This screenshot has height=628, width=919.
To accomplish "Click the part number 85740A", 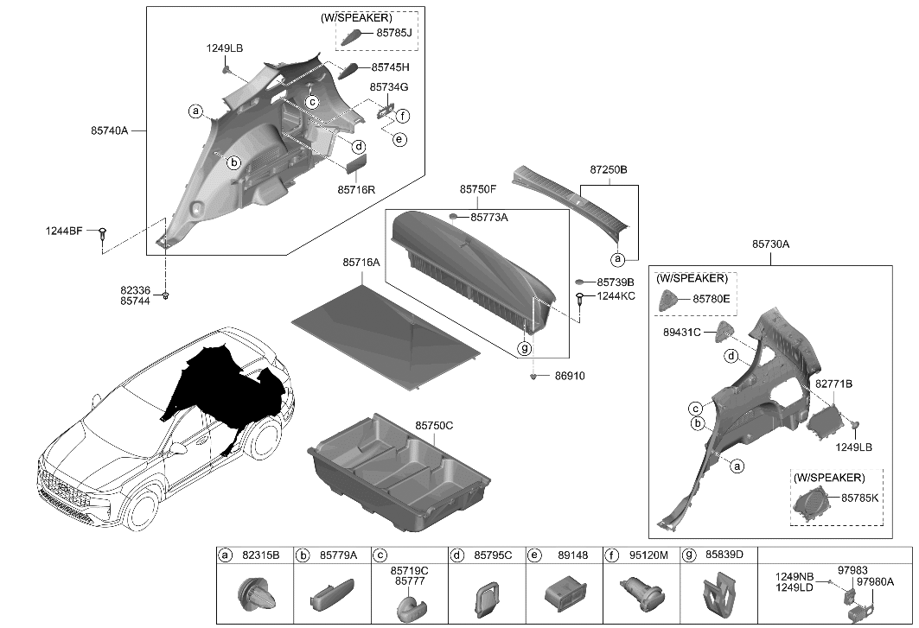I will [x=109, y=130].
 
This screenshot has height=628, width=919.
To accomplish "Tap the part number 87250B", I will [x=609, y=171].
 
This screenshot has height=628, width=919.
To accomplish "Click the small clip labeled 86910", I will [x=536, y=376].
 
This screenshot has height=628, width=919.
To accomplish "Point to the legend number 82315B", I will [x=262, y=555].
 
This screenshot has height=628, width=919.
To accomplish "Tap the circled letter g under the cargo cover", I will [x=524, y=348].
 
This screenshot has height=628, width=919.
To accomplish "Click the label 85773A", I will [x=489, y=218].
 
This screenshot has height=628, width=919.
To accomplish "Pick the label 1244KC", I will [x=616, y=296].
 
